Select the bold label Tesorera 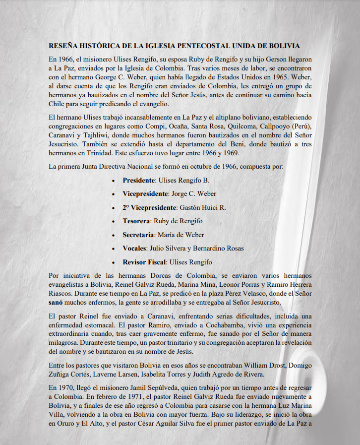[x=137, y=221]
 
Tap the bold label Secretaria [x=138, y=235]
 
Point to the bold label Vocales [x=134, y=248]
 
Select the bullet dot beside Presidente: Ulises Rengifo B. [x=115, y=180]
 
